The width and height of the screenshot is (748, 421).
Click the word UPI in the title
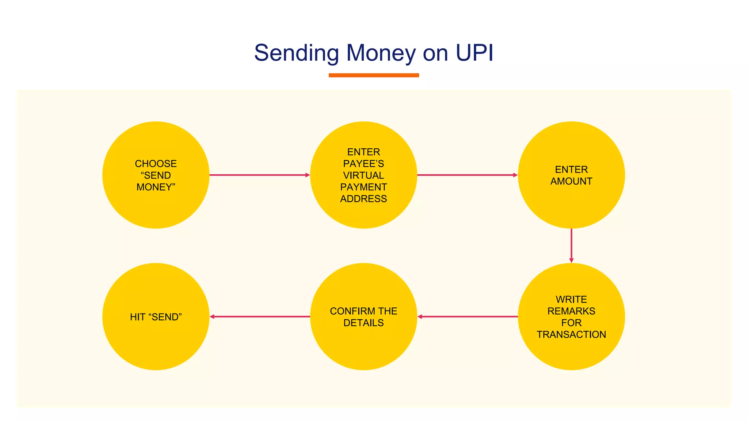click(474, 53)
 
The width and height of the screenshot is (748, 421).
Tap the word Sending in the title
click(296, 53)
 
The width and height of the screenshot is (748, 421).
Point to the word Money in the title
click(381, 53)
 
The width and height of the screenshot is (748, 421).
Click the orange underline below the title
click(374, 75)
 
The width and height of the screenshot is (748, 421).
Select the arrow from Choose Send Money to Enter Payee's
click(259, 175)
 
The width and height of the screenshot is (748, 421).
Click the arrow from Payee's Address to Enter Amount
click(467, 175)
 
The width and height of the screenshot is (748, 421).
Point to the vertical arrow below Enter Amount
click(571, 245)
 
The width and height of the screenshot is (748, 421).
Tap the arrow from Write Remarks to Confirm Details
click(467, 316)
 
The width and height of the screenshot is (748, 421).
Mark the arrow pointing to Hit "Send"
click(260, 316)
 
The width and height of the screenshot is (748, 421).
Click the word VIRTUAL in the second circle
click(363, 175)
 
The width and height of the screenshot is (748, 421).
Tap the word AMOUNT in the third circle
click(571, 181)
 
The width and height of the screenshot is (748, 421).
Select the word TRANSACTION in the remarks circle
click(571, 334)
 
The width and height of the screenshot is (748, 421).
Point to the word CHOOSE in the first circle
click(156, 164)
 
